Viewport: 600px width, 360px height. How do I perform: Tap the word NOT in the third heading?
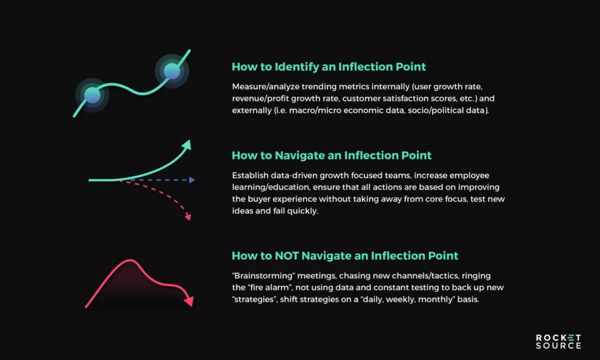(x=287, y=256)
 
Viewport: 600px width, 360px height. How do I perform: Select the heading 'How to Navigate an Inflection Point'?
(x=331, y=156)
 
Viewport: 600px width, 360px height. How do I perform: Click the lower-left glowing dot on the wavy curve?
(x=93, y=95)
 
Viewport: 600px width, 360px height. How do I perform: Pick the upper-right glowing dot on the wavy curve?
(x=172, y=71)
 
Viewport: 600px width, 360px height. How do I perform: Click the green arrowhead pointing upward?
(x=187, y=145)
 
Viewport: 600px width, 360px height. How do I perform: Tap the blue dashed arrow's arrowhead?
(x=192, y=180)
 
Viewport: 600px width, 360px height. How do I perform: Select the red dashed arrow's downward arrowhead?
(x=188, y=217)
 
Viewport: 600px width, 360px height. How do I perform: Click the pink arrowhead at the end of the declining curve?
(x=189, y=301)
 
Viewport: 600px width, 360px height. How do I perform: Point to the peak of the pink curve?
(x=130, y=260)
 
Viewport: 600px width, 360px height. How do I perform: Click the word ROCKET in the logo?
(x=558, y=337)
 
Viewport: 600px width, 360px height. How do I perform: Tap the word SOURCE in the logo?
(x=558, y=346)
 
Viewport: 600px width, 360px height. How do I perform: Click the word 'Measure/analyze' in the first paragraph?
(x=266, y=87)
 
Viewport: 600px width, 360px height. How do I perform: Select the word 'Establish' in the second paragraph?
(x=250, y=175)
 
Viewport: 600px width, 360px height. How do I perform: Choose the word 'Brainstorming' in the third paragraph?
(x=265, y=276)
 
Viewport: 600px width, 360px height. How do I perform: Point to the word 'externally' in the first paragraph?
(x=252, y=110)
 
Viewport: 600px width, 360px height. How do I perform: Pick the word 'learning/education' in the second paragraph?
(x=271, y=188)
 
